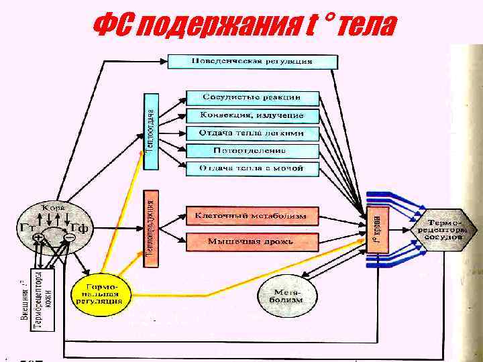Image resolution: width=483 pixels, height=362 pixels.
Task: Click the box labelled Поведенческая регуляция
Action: click(252, 61)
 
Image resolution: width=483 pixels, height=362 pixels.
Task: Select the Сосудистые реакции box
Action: click(252, 97)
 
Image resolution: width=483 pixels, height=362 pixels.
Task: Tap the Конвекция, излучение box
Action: click(252, 115)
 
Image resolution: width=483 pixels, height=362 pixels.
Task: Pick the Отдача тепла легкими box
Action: click(252, 133)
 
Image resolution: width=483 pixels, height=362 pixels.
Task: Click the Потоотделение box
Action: click(252, 150)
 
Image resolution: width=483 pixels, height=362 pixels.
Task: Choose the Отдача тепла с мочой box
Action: click(252, 168)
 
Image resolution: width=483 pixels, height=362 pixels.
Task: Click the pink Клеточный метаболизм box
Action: click(252, 217)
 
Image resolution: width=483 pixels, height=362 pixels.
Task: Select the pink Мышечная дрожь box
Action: click(252, 241)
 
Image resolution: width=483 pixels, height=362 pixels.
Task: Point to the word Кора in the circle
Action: click(54, 207)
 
